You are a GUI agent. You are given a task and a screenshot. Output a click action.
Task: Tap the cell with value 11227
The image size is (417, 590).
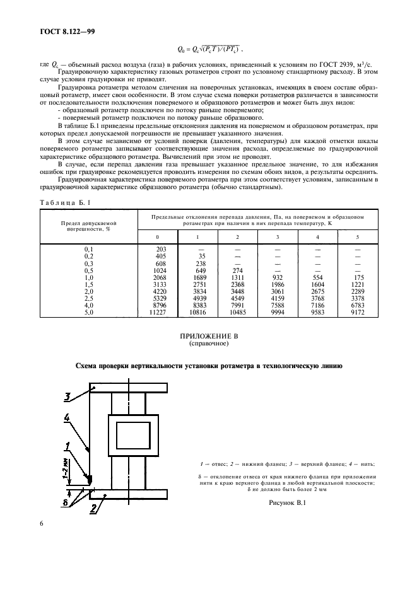point(158,313)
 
